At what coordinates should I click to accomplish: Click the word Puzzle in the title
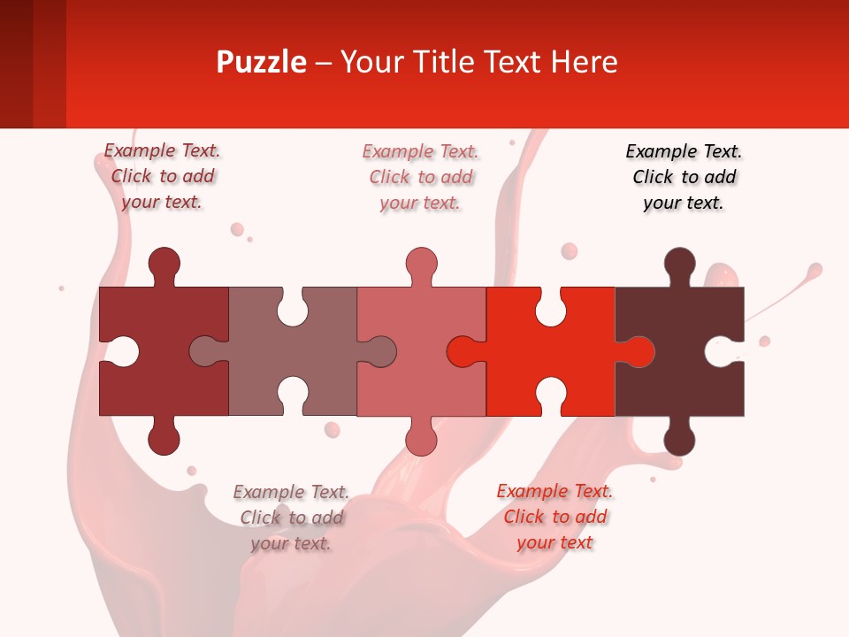point(261,62)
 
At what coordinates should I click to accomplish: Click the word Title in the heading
point(465,62)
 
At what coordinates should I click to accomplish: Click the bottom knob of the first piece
point(164,437)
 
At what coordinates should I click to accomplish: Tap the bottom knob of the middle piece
point(422,437)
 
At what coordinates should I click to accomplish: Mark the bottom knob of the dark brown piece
point(679,437)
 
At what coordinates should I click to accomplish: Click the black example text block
point(684,177)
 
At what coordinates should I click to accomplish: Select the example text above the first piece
point(162,176)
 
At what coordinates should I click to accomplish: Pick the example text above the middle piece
point(420,177)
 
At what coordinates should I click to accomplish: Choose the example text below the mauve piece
point(291,518)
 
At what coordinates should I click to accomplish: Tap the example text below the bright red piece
point(555,517)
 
